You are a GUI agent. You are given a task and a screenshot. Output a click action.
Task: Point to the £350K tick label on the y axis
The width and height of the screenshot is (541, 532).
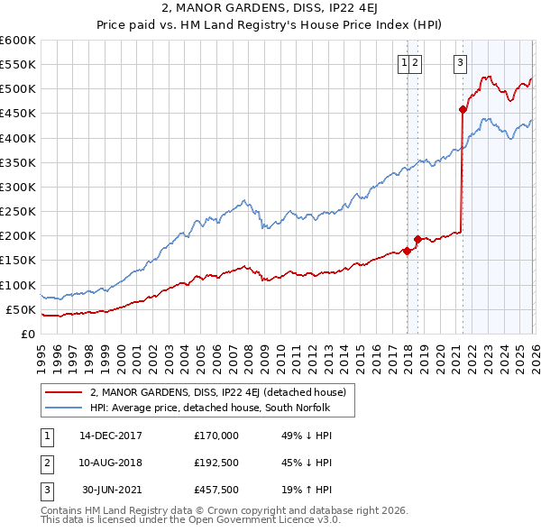18,163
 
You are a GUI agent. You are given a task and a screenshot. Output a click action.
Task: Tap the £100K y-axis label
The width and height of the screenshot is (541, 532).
18,285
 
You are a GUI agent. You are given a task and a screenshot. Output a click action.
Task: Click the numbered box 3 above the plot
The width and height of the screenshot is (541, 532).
461,63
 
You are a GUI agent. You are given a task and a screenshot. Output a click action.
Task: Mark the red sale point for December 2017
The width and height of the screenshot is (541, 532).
407,251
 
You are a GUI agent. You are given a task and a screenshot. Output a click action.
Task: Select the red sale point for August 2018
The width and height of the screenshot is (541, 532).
417,240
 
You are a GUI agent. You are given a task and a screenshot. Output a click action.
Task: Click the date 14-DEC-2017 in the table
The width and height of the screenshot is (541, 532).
111,435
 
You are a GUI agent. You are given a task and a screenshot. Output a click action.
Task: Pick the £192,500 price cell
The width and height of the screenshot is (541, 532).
216,463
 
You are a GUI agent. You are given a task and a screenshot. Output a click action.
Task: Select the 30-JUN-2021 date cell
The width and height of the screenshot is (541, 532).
112,491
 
